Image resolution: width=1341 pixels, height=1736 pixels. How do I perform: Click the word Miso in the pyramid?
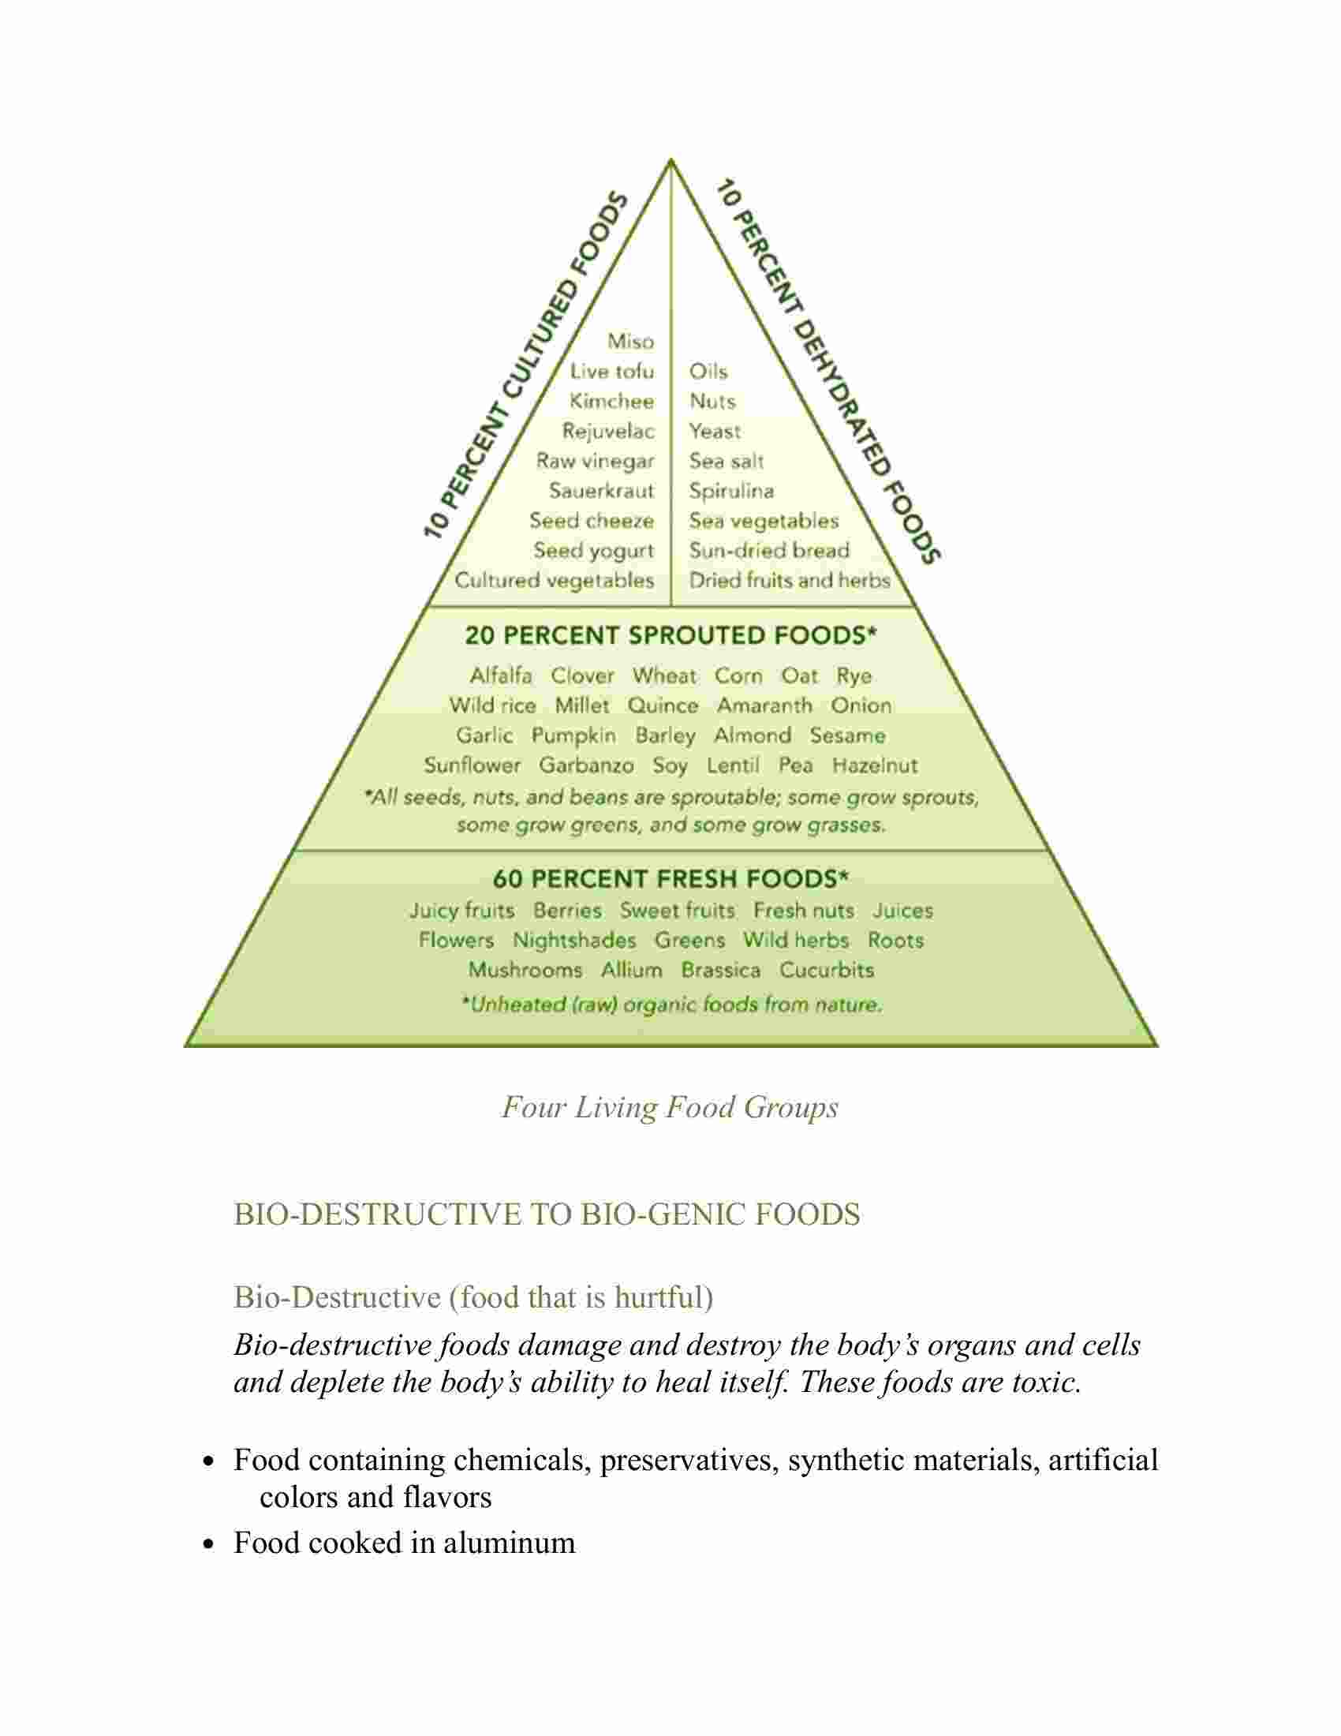click(631, 342)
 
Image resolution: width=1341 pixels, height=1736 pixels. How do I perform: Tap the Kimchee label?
click(611, 402)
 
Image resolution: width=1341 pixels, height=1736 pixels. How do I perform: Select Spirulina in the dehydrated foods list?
click(732, 492)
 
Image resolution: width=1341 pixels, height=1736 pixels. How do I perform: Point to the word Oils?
click(708, 371)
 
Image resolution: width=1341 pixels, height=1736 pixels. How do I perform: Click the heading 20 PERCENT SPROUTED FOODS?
click(670, 635)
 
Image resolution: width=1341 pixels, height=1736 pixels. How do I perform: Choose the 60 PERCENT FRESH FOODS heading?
click(670, 878)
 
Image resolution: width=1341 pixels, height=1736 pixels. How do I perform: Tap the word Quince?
click(663, 706)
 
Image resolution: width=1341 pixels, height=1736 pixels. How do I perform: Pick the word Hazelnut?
click(875, 765)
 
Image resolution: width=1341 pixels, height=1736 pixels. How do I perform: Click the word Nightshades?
click(574, 941)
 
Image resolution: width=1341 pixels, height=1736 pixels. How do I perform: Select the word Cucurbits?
click(826, 970)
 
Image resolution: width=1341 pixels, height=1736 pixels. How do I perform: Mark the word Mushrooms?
click(525, 970)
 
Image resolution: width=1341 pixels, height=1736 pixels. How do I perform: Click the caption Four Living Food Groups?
click(670, 1107)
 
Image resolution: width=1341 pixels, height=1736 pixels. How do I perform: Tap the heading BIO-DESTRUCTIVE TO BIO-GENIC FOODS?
click(547, 1214)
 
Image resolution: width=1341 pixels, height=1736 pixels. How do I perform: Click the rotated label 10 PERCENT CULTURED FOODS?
click(525, 365)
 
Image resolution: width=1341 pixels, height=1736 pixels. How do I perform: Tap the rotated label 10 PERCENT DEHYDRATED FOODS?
click(828, 372)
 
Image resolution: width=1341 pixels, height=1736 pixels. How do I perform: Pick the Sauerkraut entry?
click(601, 492)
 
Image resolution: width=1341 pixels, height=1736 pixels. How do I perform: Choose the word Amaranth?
click(764, 706)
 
